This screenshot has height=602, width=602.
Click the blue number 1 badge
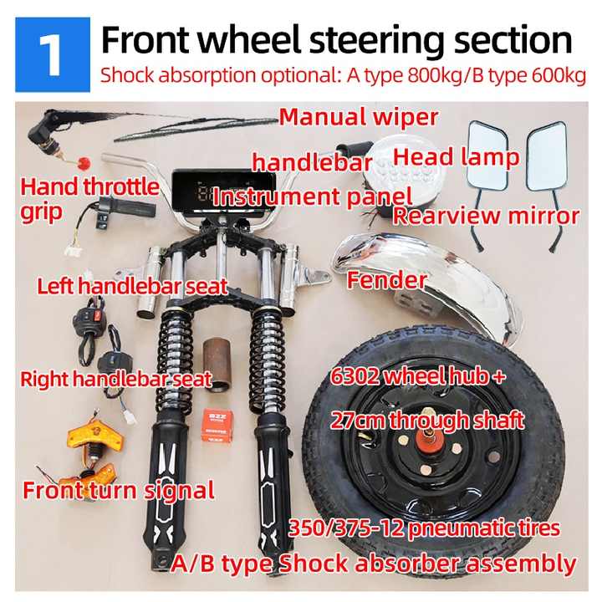coord(53,54)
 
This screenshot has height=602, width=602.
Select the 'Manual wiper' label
coord(358,117)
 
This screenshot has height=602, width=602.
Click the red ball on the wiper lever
coord(84,163)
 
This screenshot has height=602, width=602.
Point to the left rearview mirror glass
coord(488,155)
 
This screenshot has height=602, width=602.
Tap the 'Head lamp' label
coord(457,157)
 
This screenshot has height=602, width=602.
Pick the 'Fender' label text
coord(386,280)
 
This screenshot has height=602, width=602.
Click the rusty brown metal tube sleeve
coord(217,362)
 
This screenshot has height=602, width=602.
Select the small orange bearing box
coord(217,426)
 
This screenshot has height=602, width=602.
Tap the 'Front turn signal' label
coord(119,490)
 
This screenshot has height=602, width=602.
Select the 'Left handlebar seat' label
coord(132,287)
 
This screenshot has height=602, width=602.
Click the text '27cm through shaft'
coord(427,420)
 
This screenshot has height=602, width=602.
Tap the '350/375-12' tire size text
coord(346,528)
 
